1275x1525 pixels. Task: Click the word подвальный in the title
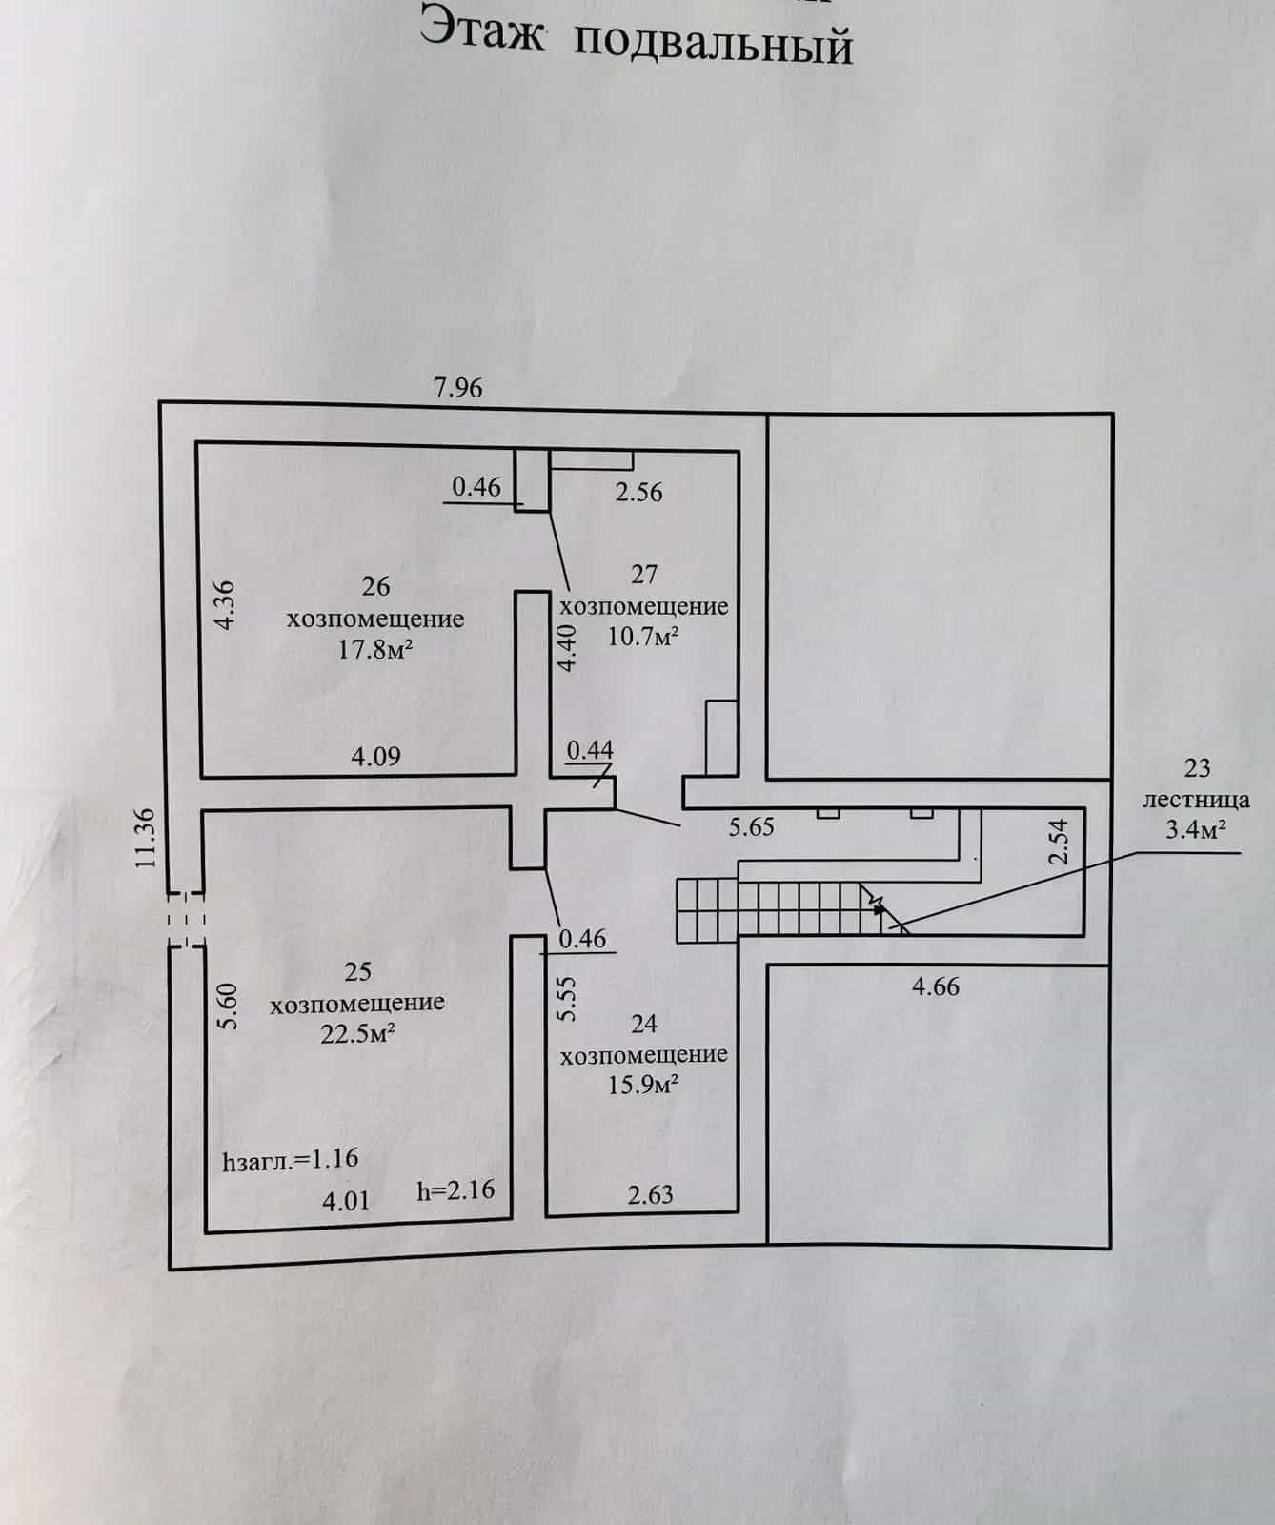(x=715, y=45)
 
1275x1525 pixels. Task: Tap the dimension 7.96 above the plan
(x=458, y=388)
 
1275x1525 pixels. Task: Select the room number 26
(x=376, y=585)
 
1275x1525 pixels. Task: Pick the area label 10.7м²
(x=643, y=636)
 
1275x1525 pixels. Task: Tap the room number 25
(x=357, y=971)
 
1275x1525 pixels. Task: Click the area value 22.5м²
(x=358, y=1034)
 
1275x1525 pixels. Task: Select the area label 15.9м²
(x=643, y=1085)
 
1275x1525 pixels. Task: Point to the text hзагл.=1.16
(x=290, y=1159)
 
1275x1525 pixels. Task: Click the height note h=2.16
(x=456, y=1189)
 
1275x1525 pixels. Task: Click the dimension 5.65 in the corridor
(x=752, y=826)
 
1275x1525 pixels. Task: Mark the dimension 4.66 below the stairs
(x=936, y=986)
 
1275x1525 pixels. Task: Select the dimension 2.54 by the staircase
(x=1060, y=842)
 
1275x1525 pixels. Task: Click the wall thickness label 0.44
(x=590, y=750)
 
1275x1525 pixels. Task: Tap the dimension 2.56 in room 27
(x=638, y=492)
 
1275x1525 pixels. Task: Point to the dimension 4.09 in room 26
(x=376, y=757)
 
